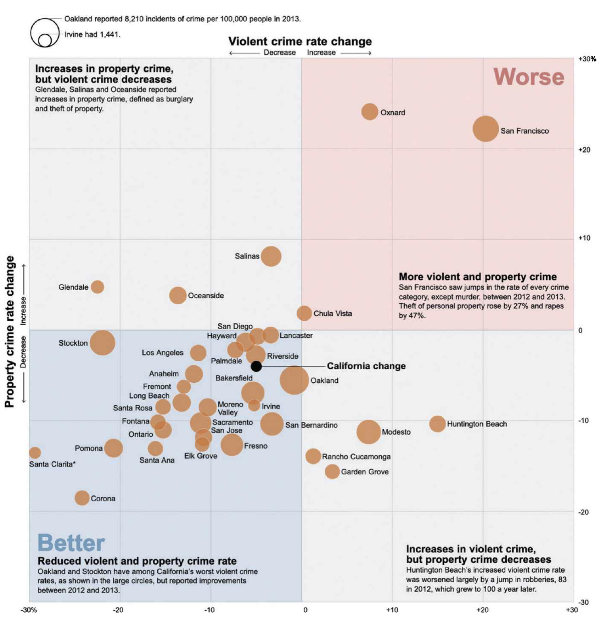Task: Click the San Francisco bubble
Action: pyautogui.click(x=485, y=129)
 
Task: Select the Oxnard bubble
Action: pyautogui.click(x=369, y=112)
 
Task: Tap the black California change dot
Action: pyautogui.click(x=256, y=366)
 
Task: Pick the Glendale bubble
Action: pyautogui.click(x=97, y=287)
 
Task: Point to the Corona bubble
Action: pyautogui.click(x=82, y=498)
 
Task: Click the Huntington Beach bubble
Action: pyautogui.click(x=437, y=423)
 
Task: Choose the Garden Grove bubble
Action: pyautogui.click(x=332, y=471)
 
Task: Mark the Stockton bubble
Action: pyautogui.click(x=102, y=342)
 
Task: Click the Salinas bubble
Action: pyautogui.click(x=271, y=256)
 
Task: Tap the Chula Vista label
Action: pyautogui.click(x=332, y=313)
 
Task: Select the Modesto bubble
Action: pyautogui.click(x=368, y=432)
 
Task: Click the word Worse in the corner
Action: pyautogui.click(x=528, y=77)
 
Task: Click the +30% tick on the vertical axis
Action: pyautogui.click(x=587, y=59)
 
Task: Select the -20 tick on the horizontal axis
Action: pyautogui.click(x=118, y=610)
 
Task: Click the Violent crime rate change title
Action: pyautogui.click(x=300, y=41)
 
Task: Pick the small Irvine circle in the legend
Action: pyautogui.click(x=45, y=40)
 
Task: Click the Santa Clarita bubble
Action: pyautogui.click(x=34, y=452)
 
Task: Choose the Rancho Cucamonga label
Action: pyautogui.click(x=356, y=457)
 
